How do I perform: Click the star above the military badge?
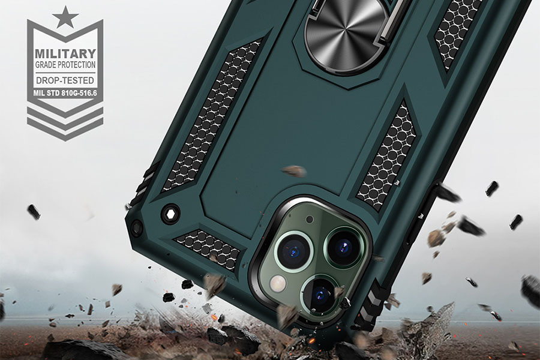(65, 17)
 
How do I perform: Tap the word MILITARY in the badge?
(65, 54)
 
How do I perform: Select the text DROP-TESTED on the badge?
(65, 80)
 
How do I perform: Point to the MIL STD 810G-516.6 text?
(65, 93)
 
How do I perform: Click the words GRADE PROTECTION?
(65, 65)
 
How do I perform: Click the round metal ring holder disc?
(346, 33)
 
